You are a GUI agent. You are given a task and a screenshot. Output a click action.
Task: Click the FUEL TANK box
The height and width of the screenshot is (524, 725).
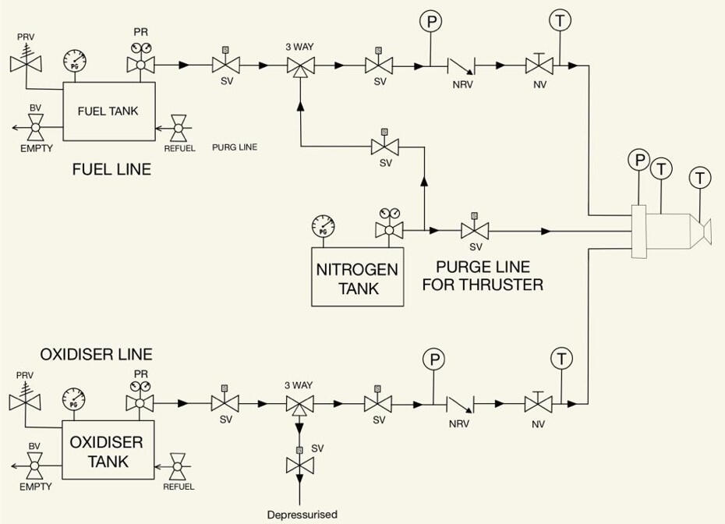click(x=108, y=112)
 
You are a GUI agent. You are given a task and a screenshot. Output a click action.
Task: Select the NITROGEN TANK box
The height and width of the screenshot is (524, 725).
click(x=357, y=278)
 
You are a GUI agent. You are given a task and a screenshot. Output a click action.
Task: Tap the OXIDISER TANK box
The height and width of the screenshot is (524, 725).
click(x=106, y=451)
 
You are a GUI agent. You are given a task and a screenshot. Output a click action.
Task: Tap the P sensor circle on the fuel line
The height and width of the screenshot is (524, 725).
click(x=430, y=22)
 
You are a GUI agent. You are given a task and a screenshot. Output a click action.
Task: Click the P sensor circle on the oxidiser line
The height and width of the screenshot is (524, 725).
click(x=433, y=359)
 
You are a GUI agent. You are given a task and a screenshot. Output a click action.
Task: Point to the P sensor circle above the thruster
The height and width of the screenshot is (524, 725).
click(x=639, y=161)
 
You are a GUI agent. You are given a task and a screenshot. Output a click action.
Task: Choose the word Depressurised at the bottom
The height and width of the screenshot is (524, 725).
click(x=302, y=515)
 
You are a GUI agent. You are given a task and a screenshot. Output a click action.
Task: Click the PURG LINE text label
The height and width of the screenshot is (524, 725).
click(x=235, y=147)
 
